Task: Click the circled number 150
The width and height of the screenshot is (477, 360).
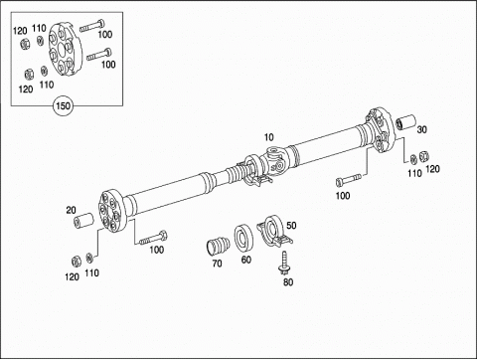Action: tap(63, 105)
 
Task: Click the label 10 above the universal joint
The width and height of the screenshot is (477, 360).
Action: tap(268, 137)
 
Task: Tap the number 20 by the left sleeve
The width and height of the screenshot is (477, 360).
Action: tap(71, 210)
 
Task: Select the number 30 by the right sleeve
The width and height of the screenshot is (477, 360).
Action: tap(421, 129)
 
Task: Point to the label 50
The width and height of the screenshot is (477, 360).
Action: tap(291, 226)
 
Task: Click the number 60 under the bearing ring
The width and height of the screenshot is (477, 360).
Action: tap(245, 260)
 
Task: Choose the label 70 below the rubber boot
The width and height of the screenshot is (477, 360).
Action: tap(217, 264)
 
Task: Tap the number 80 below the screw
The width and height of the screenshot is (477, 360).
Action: tap(288, 282)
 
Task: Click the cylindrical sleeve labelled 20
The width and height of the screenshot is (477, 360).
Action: tap(83, 222)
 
